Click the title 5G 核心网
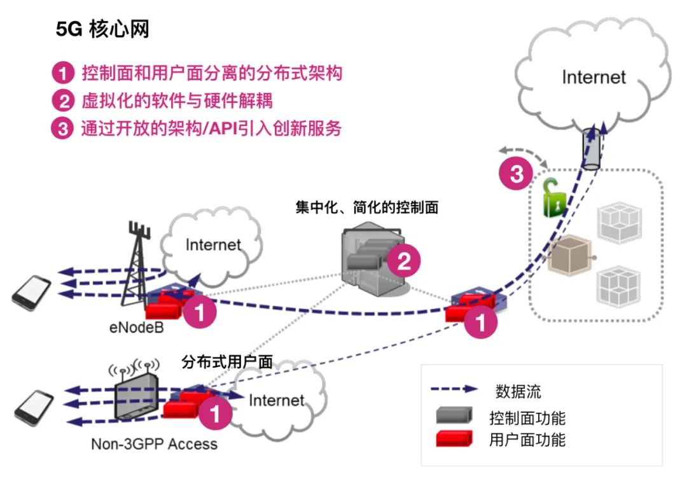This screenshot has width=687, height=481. pyautogui.click(x=102, y=30)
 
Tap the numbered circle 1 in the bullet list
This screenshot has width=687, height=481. pyautogui.click(x=63, y=74)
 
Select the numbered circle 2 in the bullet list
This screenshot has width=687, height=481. pyautogui.click(x=63, y=102)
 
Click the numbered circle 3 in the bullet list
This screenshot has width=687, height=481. pyautogui.click(x=63, y=129)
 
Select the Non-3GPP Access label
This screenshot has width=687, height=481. pyautogui.click(x=154, y=443)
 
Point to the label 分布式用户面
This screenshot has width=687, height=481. pyautogui.click(x=227, y=363)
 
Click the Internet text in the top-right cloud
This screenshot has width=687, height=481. pyautogui.click(x=593, y=77)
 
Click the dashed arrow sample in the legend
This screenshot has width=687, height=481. pyautogui.click(x=454, y=389)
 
